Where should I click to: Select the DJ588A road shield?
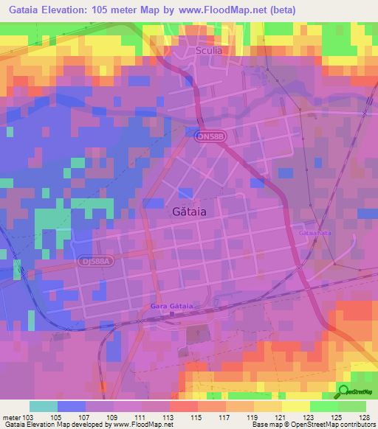pyautogui.click(x=94, y=260)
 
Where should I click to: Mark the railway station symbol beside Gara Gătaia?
pyautogui.click(x=172, y=315)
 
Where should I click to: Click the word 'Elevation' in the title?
pyautogui.click(x=66, y=11)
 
